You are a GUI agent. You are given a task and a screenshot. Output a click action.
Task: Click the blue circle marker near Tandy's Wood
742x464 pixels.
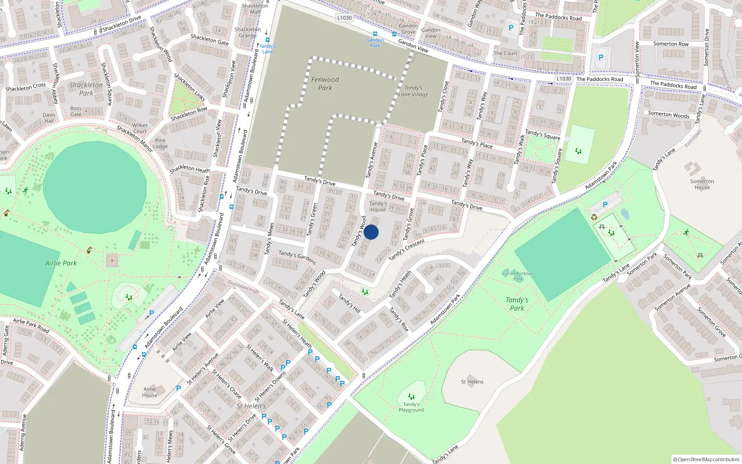(x=371, y=232)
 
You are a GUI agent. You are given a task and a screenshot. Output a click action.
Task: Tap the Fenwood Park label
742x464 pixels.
(x=325, y=84)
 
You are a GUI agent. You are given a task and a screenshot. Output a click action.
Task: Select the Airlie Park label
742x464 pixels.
(x=61, y=263)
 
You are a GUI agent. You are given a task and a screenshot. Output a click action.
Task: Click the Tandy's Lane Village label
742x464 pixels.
(x=413, y=91)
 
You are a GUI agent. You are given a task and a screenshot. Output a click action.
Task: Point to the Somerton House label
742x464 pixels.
(x=702, y=184)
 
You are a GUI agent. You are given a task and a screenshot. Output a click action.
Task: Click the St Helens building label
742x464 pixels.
(x=472, y=382)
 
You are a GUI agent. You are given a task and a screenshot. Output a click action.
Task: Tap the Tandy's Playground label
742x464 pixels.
(x=411, y=407)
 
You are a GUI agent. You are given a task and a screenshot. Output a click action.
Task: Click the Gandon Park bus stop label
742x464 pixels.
(x=375, y=43)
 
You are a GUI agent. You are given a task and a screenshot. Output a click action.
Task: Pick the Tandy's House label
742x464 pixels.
(x=378, y=206)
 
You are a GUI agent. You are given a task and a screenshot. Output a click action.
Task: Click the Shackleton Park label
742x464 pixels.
(x=86, y=89)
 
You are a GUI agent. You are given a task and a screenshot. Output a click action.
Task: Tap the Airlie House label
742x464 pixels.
(x=149, y=392)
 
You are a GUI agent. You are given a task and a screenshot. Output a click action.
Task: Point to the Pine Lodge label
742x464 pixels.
(x=160, y=143)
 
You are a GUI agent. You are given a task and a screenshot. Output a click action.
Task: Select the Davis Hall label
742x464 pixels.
(x=49, y=118)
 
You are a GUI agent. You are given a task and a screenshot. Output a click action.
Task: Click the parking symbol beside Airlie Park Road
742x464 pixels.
(x=152, y=314)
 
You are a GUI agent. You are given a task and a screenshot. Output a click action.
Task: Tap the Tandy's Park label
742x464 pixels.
(x=517, y=304)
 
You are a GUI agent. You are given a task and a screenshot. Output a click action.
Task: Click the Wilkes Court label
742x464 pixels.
(x=140, y=128)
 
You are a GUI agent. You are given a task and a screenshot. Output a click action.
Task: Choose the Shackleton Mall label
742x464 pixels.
(x=255, y=9)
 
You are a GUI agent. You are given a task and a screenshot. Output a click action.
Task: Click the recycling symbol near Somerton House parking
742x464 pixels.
(x=594, y=217)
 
